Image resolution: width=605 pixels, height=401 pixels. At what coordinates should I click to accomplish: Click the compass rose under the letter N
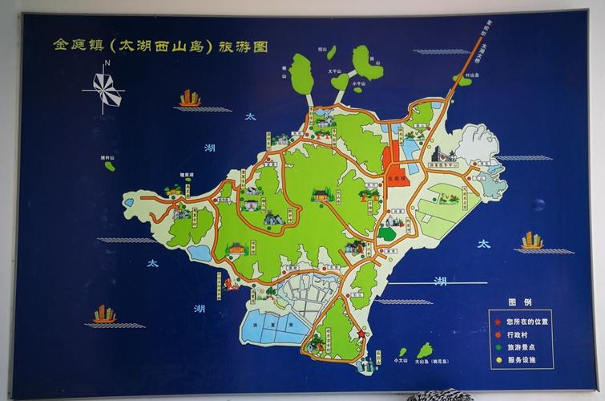tap(104, 89)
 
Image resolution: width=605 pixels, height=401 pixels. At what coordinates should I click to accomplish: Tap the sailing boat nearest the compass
tap(190, 99)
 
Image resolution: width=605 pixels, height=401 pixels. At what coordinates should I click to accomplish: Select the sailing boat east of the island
tap(532, 240)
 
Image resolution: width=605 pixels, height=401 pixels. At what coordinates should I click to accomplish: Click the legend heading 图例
tap(520, 302)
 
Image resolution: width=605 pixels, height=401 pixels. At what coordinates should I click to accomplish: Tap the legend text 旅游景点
tap(520, 347)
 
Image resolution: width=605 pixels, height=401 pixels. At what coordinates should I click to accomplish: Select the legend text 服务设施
tap(520, 360)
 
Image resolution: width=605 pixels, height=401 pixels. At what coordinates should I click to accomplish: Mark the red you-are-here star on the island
tap(361, 334)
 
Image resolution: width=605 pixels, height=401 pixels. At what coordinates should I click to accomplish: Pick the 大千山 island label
tap(335, 71)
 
